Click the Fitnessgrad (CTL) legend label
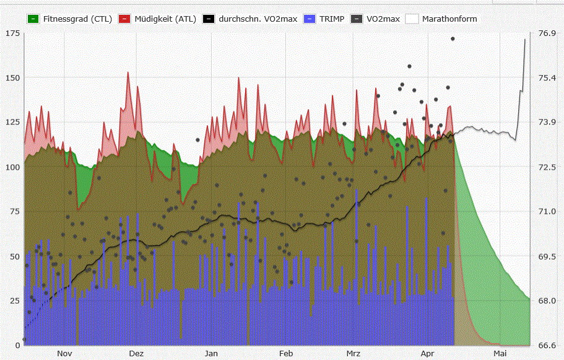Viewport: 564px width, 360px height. (x=77, y=19)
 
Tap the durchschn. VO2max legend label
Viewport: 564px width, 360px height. (x=258, y=19)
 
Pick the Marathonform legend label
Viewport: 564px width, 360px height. (x=449, y=19)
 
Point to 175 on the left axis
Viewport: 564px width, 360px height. (x=12, y=33)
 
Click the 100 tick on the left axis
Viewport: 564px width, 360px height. (x=12, y=167)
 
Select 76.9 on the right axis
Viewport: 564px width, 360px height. (x=547, y=33)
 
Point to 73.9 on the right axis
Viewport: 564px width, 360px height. (x=547, y=122)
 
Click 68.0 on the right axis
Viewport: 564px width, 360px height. (x=547, y=301)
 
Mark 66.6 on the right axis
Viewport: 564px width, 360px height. (x=547, y=345)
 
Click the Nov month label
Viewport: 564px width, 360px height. (x=64, y=353)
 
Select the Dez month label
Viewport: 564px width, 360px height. (x=136, y=353)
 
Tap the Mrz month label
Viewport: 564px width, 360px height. (x=354, y=353)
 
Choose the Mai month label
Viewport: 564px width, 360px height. (x=500, y=353)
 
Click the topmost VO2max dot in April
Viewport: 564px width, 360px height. (x=453, y=39)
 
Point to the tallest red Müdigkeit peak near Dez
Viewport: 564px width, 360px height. (x=128, y=72)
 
